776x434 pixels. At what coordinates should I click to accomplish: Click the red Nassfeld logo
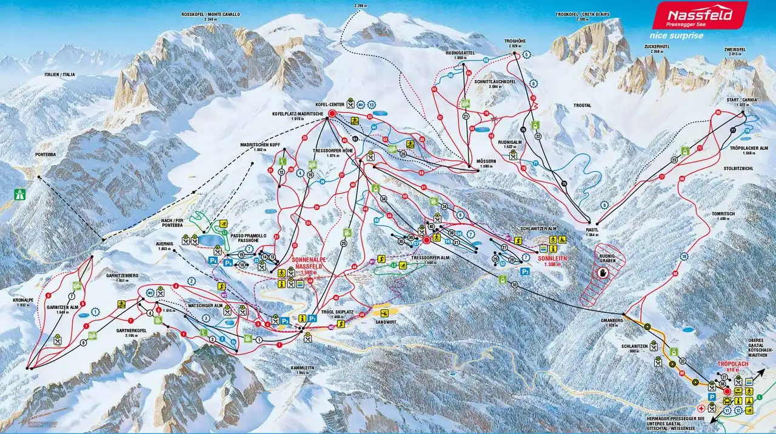(x=699, y=15)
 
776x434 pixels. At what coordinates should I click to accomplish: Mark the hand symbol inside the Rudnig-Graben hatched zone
(x=603, y=273)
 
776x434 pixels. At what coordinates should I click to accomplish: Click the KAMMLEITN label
(x=300, y=370)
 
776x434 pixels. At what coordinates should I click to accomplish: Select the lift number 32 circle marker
(x=683, y=361)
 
